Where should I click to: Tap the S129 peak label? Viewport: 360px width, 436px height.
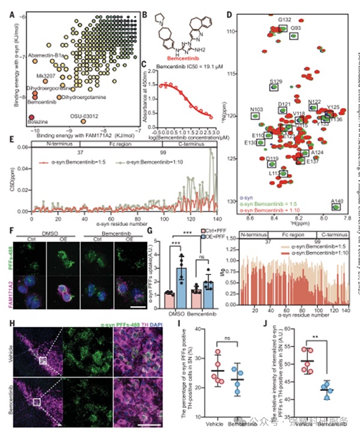(x=276, y=80)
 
